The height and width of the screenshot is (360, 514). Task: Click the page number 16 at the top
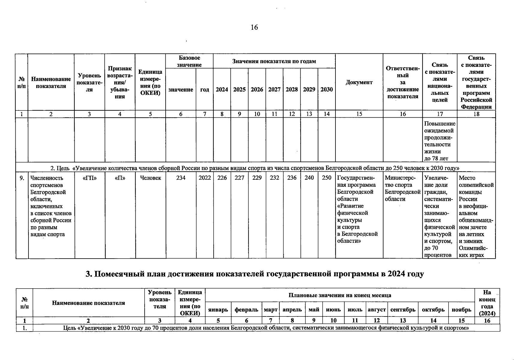(x=254, y=28)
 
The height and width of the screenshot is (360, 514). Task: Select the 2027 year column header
(x=274, y=89)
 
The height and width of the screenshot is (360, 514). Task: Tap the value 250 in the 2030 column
(x=326, y=178)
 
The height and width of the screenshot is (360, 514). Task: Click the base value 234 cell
(x=181, y=178)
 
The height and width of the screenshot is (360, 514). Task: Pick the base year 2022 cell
(x=205, y=178)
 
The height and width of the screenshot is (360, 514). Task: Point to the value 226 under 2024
(x=222, y=178)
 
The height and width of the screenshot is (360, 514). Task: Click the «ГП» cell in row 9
(x=89, y=178)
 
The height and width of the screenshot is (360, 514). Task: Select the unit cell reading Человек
(x=150, y=178)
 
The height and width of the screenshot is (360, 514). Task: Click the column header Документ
(x=359, y=82)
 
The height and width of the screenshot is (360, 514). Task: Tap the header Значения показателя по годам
(x=274, y=61)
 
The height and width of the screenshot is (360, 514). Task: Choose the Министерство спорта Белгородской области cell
(x=402, y=188)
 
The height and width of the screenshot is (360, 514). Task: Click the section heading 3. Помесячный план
(x=255, y=274)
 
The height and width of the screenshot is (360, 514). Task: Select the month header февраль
(x=246, y=310)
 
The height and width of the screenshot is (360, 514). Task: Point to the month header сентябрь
(x=403, y=310)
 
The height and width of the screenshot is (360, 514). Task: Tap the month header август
(x=377, y=310)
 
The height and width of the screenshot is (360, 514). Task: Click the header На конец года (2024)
(x=487, y=303)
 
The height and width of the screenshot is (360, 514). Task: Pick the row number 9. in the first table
(x=22, y=178)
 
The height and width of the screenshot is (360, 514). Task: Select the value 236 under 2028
(x=292, y=178)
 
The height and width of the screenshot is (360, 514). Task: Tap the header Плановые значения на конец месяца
(x=340, y=295)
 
